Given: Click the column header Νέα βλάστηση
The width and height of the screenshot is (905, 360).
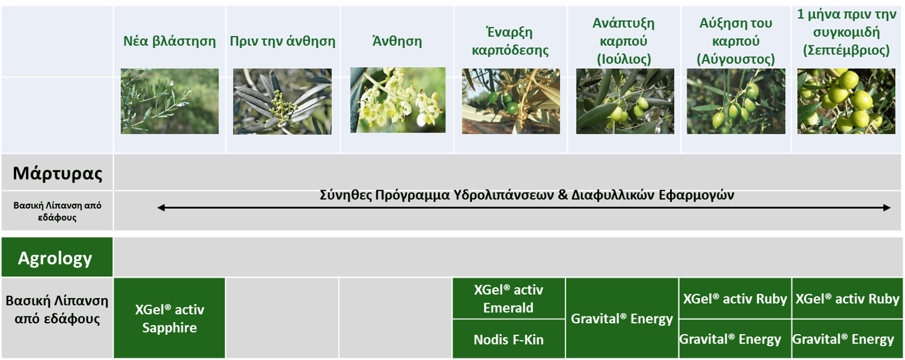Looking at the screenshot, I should (170, 41).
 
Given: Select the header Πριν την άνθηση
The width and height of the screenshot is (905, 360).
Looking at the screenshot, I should (283, 41).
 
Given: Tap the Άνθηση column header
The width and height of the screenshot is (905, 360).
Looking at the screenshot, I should (397, 41).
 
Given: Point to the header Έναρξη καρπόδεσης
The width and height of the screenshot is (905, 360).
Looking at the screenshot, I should (510, 41).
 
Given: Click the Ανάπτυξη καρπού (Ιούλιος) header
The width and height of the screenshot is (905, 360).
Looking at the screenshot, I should (624, 41).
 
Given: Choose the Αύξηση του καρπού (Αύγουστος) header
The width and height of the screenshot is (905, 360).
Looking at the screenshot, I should (735, 41).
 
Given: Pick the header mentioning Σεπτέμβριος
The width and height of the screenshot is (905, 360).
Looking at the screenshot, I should (846, 32).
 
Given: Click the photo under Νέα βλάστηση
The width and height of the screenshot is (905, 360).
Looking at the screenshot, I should (170, 101).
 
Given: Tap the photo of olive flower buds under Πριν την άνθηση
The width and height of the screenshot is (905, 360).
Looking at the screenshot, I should (283, 101).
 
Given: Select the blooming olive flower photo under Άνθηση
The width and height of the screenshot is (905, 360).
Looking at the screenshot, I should (398, 100).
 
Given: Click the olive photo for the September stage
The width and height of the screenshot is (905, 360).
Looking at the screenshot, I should (846, 101).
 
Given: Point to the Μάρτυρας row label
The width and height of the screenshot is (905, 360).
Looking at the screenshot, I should (57, 173).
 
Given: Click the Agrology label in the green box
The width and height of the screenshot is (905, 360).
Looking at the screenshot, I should (56, 258).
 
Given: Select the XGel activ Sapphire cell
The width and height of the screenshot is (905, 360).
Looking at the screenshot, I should (170, 318).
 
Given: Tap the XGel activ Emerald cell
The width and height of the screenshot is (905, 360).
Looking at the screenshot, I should (508, 299).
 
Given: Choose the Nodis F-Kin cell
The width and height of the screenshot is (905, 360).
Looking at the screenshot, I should (508, 339).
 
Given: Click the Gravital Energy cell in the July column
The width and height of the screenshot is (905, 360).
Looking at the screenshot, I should (622, 319).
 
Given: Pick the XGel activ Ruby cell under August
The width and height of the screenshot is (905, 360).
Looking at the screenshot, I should (735, 299).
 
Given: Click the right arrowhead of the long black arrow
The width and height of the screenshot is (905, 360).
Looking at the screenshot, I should (887, 208).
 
